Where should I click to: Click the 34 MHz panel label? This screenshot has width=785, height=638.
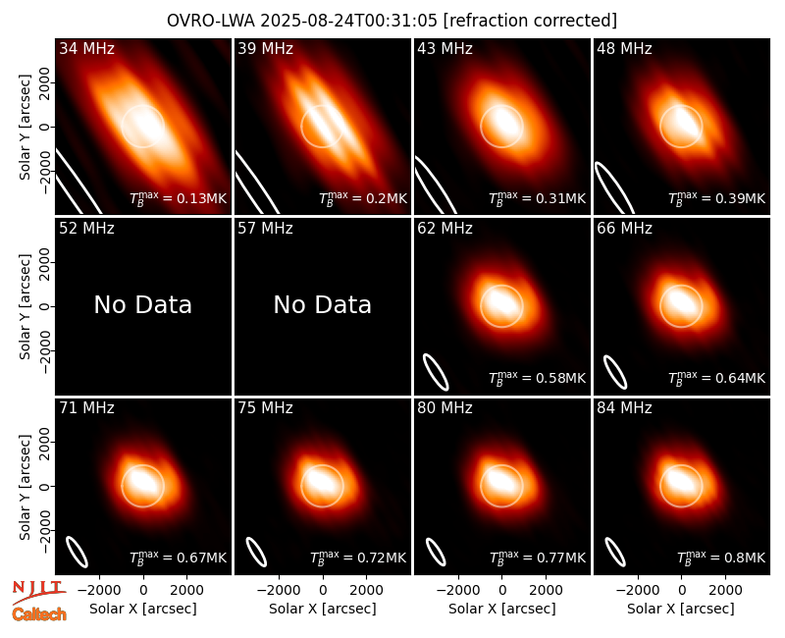[x=86, y=48]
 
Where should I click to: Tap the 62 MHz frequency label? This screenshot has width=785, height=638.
[x=445, y=229]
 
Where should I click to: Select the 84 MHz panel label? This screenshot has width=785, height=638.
[x=624, y=408]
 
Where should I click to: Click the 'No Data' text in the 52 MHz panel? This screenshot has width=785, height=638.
[x=143, y=304]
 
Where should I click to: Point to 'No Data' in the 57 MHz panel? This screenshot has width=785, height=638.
[x=323, y=304]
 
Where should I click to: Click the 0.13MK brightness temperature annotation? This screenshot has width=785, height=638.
[x=179, y=198]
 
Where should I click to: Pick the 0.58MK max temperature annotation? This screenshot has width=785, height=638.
[x=537, y=377]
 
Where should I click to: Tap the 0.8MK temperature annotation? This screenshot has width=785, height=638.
[x=721, y=557]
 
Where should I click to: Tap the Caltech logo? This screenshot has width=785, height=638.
[x=39, y=614]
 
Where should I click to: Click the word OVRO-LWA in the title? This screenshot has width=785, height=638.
[x=211, y=21]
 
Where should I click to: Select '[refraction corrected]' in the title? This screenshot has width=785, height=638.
[x=530, y=21]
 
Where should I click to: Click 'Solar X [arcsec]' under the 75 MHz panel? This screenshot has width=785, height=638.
[x=323, y=609]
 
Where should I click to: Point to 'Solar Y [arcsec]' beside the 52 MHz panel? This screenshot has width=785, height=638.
[x=26, y=306]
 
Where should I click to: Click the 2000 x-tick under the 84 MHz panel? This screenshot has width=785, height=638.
[x=725, y=590]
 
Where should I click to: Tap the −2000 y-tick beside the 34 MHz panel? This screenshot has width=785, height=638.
[x=45, y=171]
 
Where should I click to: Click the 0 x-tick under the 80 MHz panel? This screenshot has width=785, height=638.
[x=502, y=590]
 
